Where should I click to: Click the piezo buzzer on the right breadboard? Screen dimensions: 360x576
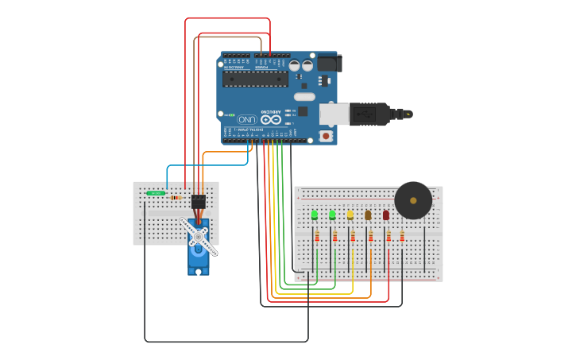point(413,200)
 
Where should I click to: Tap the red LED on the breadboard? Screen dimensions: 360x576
point(386,215)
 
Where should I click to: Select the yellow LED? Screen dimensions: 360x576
point(350,215)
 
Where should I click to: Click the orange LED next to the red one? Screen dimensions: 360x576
point(368,215)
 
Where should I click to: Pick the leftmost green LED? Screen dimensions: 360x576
point(315,215)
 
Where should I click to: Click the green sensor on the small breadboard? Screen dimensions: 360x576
point(156,193)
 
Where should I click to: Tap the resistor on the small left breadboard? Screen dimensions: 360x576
point(176,198)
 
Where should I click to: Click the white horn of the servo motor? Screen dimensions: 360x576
point(199,236)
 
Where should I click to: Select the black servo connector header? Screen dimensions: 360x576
point(199,202)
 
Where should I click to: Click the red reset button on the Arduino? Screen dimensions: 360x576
point(326,136)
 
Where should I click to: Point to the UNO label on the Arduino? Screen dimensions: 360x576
point(247,119)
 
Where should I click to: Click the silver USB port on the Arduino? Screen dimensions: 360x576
point(334,114)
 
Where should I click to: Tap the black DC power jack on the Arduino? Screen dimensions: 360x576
point(329,64)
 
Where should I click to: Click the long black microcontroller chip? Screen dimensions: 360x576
point(255,78)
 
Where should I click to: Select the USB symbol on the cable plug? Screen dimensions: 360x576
point(365,114)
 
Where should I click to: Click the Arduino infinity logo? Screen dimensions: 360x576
point(265,119)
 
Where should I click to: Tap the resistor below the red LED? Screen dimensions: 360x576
point(389,236)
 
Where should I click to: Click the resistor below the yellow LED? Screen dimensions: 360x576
point(353,236)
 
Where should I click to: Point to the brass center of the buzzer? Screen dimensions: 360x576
point(413,200)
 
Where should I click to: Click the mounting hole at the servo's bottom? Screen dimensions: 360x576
point(199,271)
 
